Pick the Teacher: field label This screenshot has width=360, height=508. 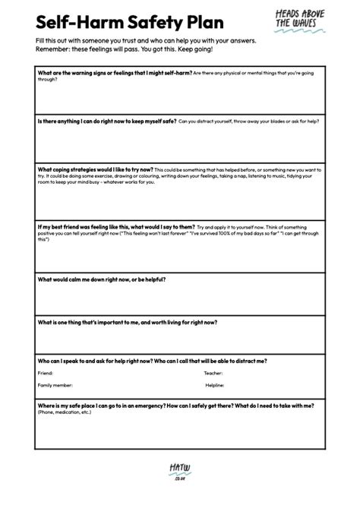point(214,373)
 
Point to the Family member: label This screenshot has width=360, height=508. point(55,385)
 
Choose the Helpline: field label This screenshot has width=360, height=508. point(215,385)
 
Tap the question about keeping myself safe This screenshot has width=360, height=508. point(96,120)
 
